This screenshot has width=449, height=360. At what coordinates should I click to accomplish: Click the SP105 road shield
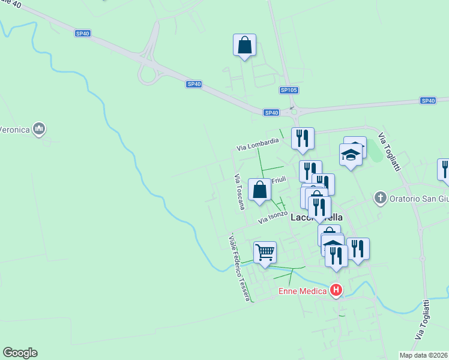tap(289, 90)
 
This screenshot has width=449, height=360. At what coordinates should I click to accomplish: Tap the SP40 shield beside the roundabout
tap(271, 112)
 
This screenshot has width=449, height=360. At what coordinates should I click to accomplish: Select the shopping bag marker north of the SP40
tap(244, 45)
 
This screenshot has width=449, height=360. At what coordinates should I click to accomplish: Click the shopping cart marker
tap(265, 252)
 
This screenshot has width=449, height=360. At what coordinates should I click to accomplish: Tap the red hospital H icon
tap(336, 291)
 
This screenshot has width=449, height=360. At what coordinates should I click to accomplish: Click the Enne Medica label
tap(303, 292)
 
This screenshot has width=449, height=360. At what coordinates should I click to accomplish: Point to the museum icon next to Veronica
tap(40, 128)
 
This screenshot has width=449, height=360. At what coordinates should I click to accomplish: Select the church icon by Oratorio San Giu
tap(379, 197)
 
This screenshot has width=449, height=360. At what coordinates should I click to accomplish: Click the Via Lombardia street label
tap(258, 144)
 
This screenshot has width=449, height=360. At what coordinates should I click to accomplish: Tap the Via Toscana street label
tap(240, 192)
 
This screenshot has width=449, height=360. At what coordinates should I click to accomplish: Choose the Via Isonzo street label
tap(273, 217)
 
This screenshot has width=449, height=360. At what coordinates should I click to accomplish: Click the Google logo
tap(20, 353)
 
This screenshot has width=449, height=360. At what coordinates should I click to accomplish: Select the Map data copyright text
tap(424, 355)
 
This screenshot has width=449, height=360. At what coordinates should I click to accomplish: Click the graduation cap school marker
tap(351, 155)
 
